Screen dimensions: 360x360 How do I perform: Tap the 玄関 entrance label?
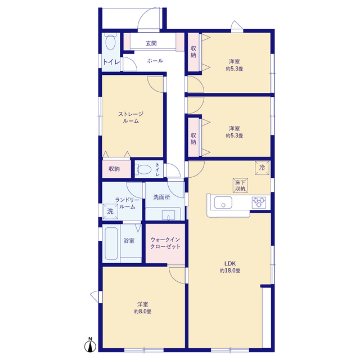coord(151,43)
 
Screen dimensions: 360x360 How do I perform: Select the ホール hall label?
coord(155,61)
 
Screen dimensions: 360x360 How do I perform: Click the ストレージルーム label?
coord(130,118)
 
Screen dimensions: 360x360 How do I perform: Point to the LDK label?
coord(230,264)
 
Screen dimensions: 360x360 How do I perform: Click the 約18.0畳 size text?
coord(230,271)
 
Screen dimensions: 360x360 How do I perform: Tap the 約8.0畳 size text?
coord(142,312)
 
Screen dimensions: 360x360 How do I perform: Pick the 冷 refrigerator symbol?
coord(262,168)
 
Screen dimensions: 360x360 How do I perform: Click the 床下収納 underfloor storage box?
coord(240,185)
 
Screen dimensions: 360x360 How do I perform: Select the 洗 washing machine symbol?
coord(110,211)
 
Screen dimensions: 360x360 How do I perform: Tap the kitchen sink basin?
coord(223,202)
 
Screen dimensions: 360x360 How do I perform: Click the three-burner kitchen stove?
coord(259,202)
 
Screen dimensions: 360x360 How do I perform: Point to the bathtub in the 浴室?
coord(111,244)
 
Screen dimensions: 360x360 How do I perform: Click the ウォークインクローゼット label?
coord(165,243)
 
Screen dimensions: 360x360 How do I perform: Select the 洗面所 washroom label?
coord(161,197)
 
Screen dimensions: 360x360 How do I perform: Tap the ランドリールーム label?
coord(127,204)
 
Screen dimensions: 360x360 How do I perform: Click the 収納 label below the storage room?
coord(114,169)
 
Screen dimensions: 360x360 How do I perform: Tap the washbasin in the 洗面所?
coord(168,215)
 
